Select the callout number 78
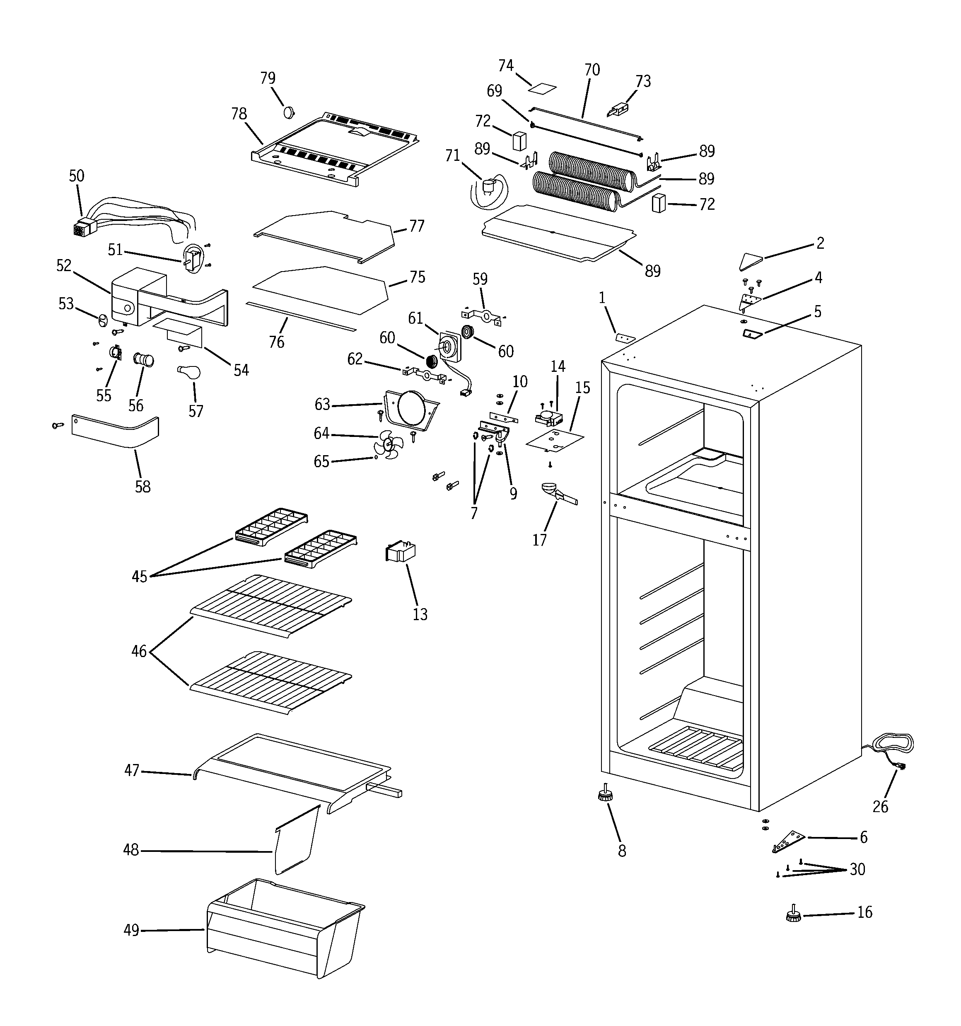click(x=239, y=114)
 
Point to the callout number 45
click(x=139, y=577)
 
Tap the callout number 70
click(x=592, y=70)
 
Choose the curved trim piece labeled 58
click(x=116, y=432)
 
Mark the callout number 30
click(x=857, y=869)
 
